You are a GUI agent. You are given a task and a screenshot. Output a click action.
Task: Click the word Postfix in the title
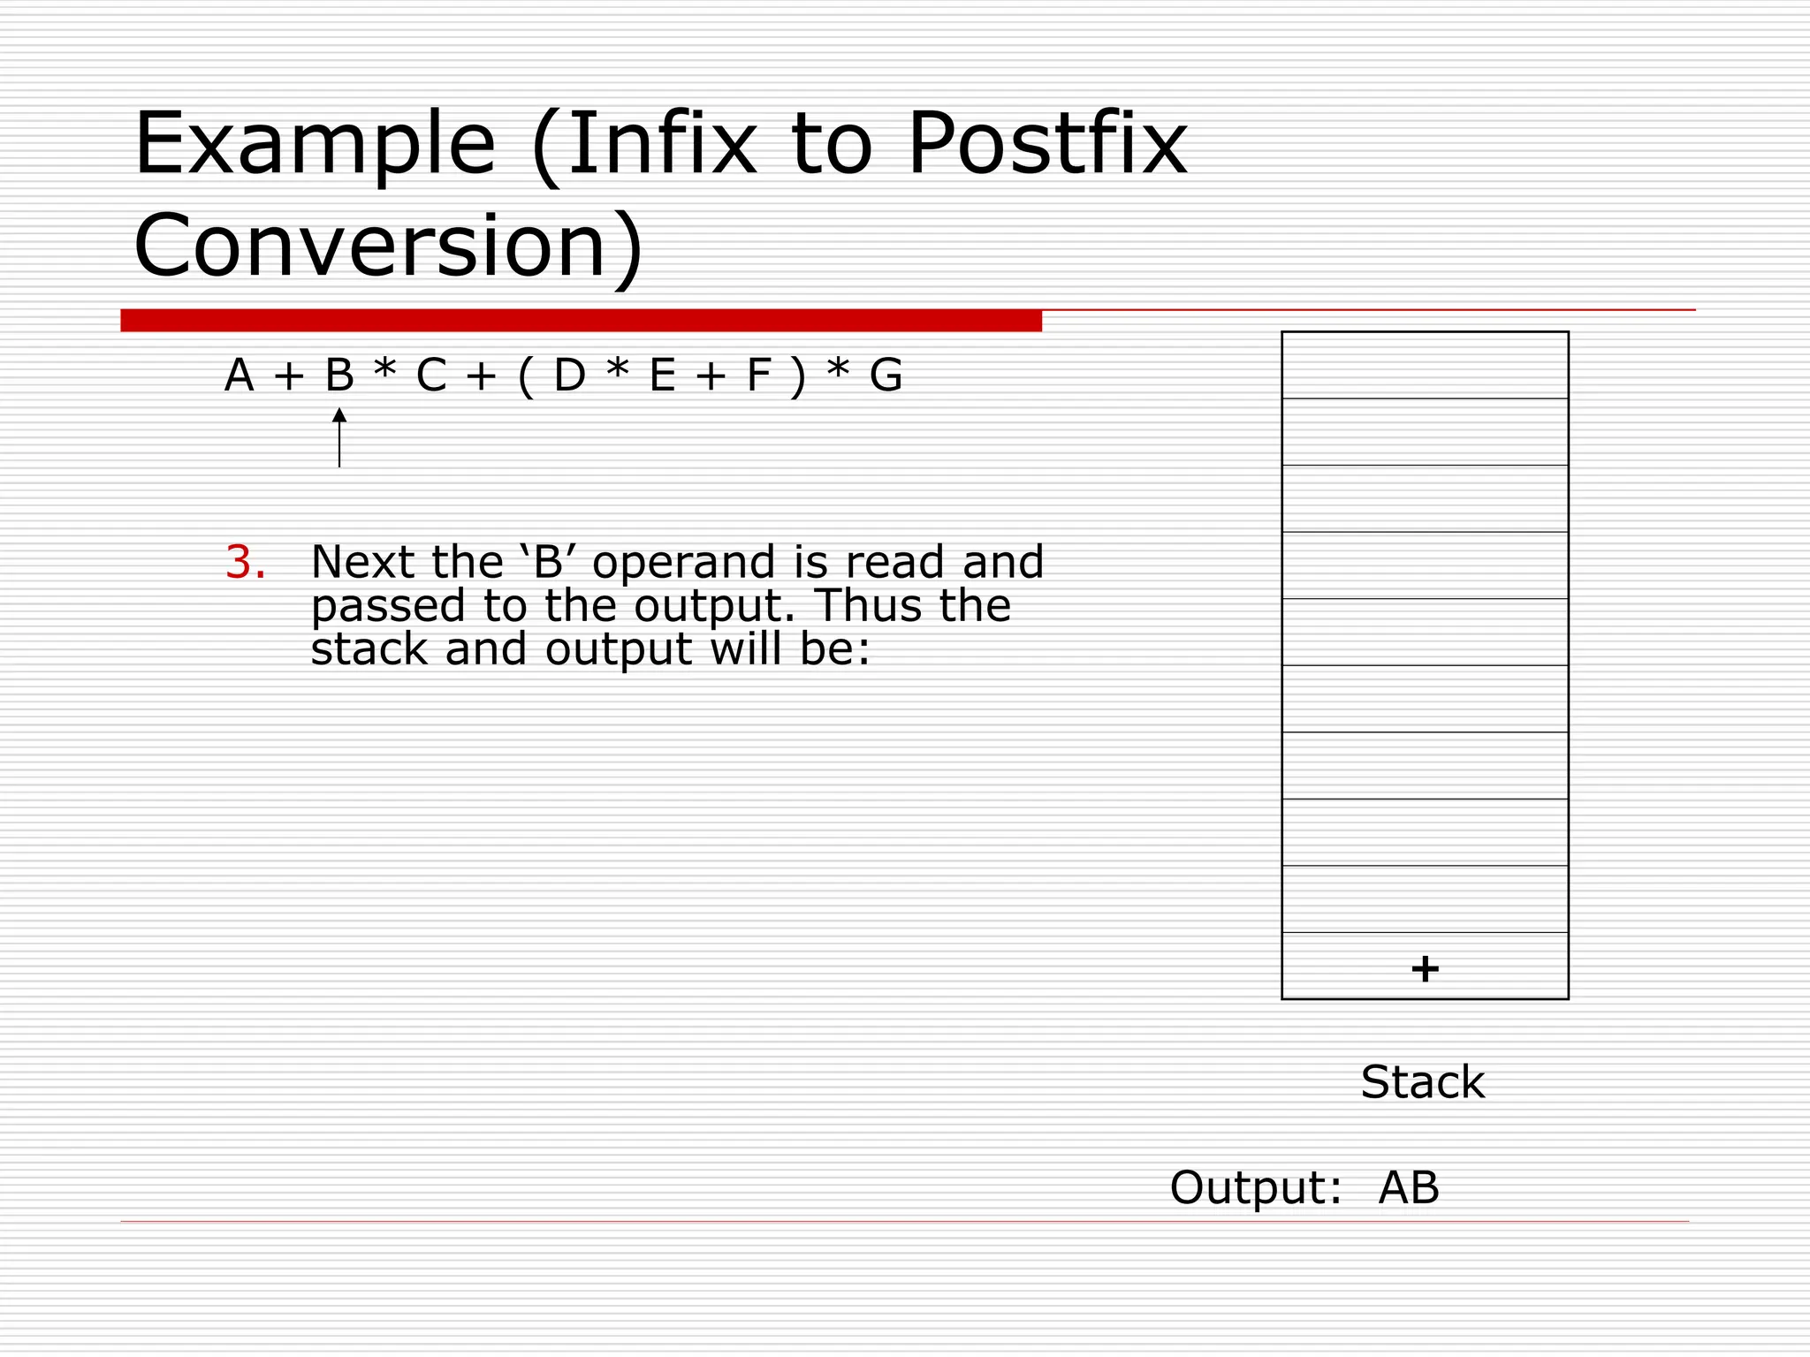[1046, 145]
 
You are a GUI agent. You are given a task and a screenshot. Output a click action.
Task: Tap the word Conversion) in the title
[389, 246]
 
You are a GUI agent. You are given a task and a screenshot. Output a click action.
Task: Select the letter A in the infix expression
[240, 375]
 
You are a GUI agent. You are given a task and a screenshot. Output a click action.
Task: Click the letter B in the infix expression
[339, 375]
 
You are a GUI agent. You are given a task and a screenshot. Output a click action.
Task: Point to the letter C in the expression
[431, 375]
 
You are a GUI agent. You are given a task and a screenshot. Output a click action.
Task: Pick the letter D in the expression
[569, 375]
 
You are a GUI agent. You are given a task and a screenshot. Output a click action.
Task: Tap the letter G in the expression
[886, 375]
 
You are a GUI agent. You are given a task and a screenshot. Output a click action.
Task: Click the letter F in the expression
[758, 375]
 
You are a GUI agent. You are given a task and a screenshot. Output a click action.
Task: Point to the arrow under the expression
[339, 437]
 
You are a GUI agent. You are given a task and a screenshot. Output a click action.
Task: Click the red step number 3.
[245, 563]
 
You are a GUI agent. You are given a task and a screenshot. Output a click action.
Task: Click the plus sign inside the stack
[1425, 968]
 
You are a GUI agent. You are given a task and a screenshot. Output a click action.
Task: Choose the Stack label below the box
[1423, 1082]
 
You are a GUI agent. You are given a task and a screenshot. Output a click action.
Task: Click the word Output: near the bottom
[1255, 1187]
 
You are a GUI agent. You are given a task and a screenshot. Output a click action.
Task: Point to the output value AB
[1409, 1187]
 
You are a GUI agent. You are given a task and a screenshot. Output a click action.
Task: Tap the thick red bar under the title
[581, 321]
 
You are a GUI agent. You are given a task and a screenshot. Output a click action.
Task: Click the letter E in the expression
[663, 375]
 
